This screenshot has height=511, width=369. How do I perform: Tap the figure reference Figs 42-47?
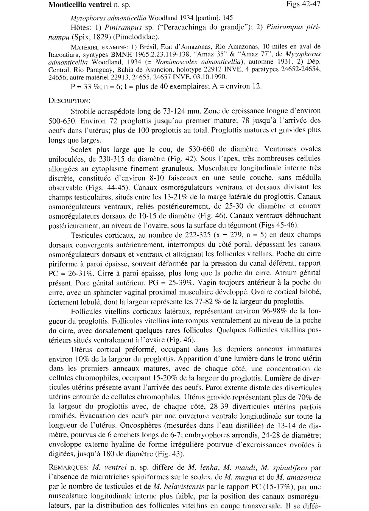pyautogui.click(x=304, y=4)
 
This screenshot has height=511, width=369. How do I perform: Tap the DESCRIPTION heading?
pyautogui.click(x=69, y=101)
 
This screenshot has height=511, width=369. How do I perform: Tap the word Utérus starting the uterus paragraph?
pyautogui.click(x=82, y=349)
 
